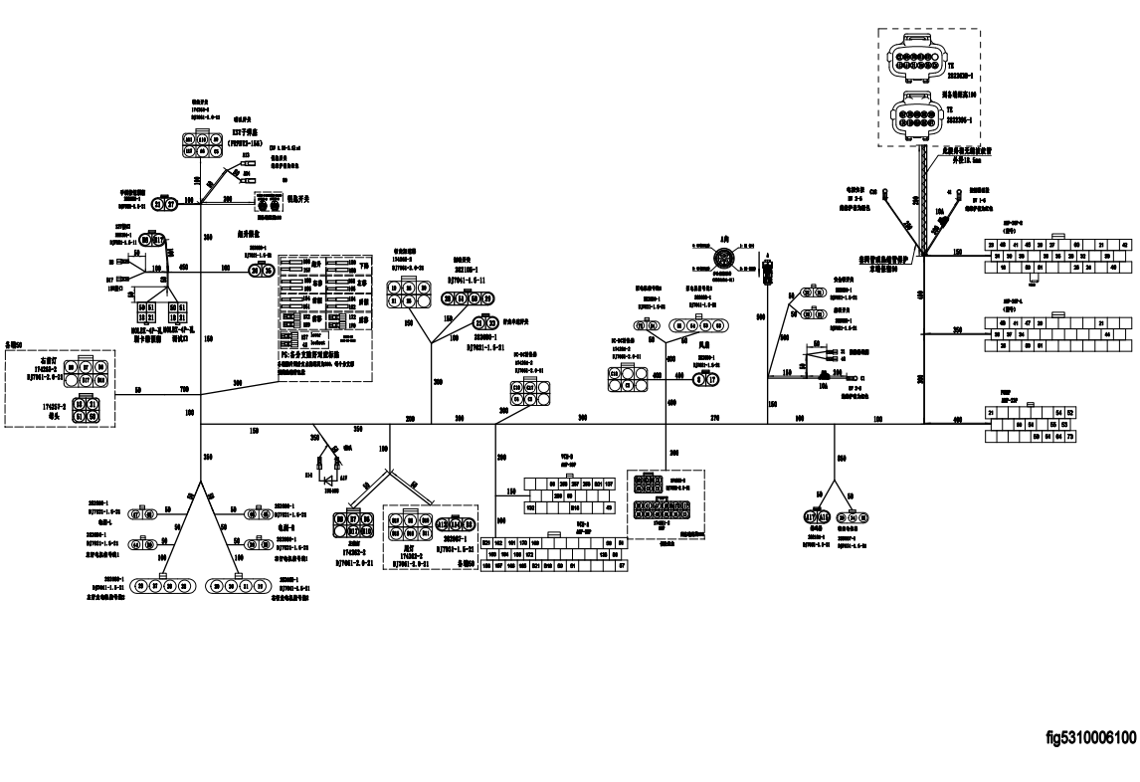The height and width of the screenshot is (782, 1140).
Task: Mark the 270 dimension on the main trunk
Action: click(713, 418)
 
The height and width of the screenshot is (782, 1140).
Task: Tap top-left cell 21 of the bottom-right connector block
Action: click(991, 412)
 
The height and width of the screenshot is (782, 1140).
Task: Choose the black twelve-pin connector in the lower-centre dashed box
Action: click(659, 508)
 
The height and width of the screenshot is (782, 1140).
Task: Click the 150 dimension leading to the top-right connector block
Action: click(956, 252)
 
